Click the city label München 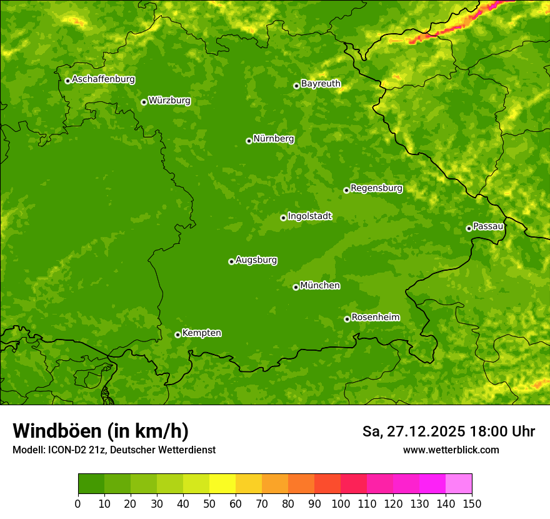pos(320,286)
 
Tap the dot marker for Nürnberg pos(249,141)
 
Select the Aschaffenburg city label pos(103,79)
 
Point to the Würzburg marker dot pos(144,102)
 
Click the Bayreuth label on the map pos(321,84)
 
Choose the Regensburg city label pos(376,188)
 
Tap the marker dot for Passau pos(469,228)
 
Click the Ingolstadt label pos(309,216)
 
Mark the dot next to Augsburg pos(231,261)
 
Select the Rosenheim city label pos(375,318)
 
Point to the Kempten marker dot pos(177,335)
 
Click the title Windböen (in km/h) pos(101,431)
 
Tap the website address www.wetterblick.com pos(451,450)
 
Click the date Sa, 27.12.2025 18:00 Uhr pos(448,431)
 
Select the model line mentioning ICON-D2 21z pos(114,450)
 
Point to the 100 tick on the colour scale pos(341,503)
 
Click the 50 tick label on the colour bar pos(209,503)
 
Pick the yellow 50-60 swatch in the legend pos(222,484)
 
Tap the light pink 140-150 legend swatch pos(459,484)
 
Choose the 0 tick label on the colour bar pos(78,503)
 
